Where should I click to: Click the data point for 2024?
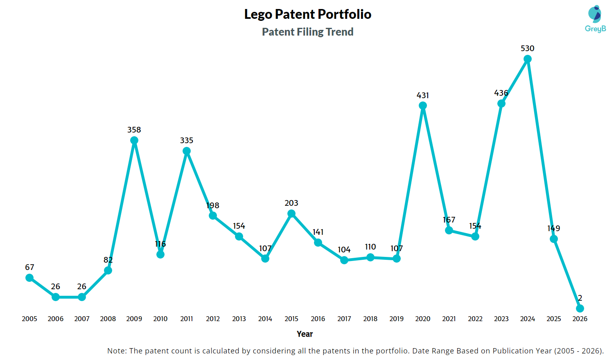(528, 59)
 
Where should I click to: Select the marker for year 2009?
(134, 140)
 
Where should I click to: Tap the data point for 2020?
(423, 106)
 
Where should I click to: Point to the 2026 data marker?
(580, 308)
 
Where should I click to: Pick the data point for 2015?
(291, 214)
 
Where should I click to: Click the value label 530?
(528, 48)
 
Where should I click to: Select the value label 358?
(134, 130)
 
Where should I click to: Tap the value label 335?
(187, 140)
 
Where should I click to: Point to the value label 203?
(291, 203)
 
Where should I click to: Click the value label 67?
(29, 267)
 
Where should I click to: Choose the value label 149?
(554, 228)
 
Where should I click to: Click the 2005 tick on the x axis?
(29, 319)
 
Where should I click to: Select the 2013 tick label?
(239, 319)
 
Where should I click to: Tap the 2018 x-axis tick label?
(370, 319)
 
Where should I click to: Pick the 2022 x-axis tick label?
(475, 319)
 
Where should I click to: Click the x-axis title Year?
(305, 334)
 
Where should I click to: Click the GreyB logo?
(595, 19)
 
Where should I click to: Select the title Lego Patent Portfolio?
(308, 14)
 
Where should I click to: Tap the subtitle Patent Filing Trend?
(308, 32)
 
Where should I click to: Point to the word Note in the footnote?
(116, 351)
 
